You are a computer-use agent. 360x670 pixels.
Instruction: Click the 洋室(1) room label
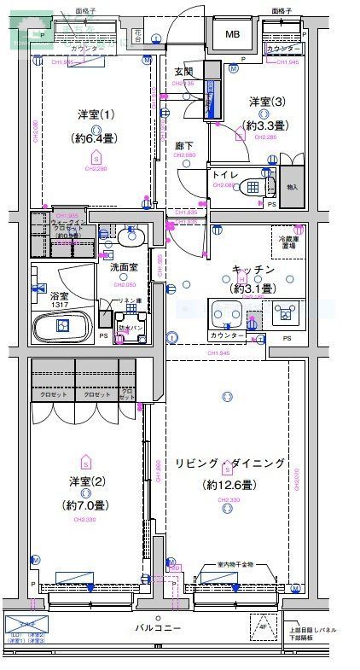point(96,114)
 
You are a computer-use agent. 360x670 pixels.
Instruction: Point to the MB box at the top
point(233,34)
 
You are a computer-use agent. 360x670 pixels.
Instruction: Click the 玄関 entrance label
point(184,72)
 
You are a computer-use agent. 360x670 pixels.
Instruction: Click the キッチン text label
point(253,270)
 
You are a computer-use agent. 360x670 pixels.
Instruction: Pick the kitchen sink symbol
point(228,312)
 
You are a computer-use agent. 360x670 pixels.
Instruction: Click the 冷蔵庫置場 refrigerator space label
point(290,242)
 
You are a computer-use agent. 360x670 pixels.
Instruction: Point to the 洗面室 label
point(125,267)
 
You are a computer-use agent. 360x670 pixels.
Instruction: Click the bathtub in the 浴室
point(62,326)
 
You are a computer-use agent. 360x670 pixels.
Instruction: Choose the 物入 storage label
point(293,187)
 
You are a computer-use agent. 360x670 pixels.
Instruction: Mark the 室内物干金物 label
point(235,565)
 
